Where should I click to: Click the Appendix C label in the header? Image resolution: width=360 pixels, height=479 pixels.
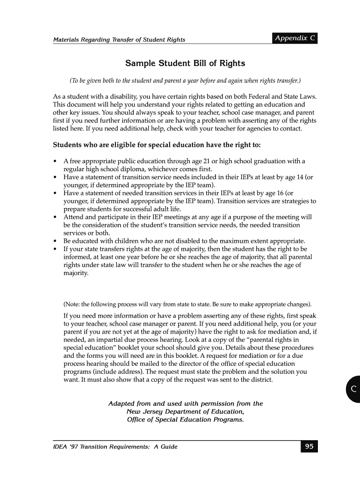295,38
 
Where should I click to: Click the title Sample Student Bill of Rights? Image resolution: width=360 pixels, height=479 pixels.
185,63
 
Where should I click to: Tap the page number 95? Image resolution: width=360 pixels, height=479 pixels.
309,447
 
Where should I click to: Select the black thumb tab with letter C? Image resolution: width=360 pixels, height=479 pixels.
353,389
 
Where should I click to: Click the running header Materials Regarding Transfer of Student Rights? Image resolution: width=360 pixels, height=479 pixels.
119,40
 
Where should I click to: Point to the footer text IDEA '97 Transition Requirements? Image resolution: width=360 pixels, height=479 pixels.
115,447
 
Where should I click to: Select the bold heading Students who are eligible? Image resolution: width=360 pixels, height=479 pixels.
157,145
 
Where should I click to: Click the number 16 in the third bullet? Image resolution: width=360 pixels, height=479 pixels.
278,193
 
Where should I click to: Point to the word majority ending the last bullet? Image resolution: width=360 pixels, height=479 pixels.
76,273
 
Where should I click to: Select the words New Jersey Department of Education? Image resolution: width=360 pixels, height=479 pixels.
185,412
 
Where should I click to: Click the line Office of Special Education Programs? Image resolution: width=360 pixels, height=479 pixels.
185,420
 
